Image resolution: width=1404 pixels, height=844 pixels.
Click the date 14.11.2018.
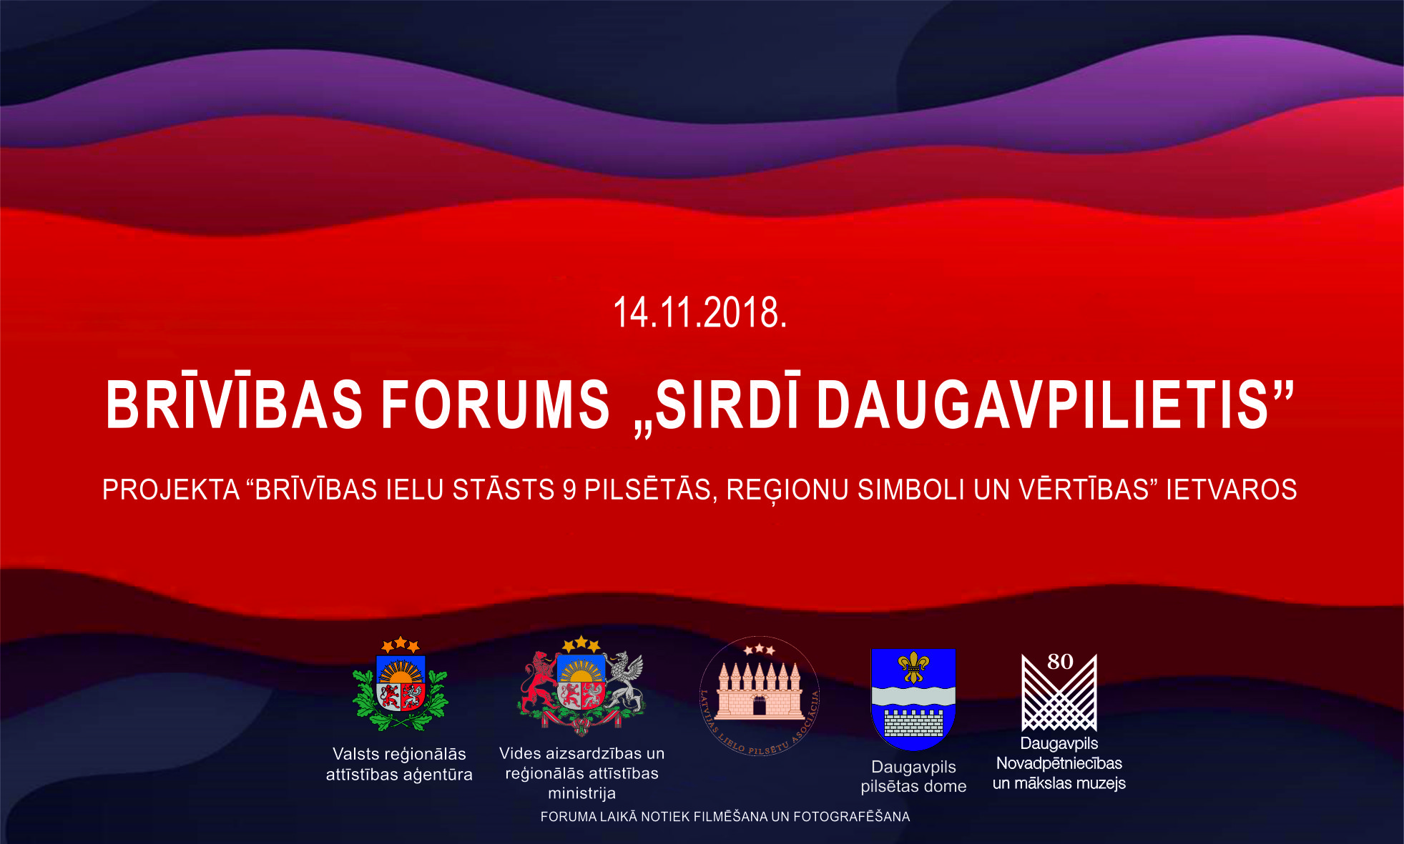pyautogui.click(x=699, y=312)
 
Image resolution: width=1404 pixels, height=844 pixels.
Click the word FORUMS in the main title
pyautogui.click(x=495, y=404)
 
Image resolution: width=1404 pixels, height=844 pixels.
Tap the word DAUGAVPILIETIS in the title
pyautogui.click(x=1043, y=404)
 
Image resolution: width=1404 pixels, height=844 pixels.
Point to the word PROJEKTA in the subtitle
pyautogui.click(x=171, y=490)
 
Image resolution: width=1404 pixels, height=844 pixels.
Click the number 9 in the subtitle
pyautogui.click(x=569, y=490)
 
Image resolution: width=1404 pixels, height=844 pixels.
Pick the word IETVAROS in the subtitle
pyautogui.click(x=1232, y=490)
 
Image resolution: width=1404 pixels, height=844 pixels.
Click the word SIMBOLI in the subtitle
pyautogui.click(x=911, y=490)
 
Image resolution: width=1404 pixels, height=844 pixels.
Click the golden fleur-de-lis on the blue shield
pyautogui.click(x=913, y=667)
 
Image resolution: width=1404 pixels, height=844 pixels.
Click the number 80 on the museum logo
pyautogui.click(x=1060, y=662)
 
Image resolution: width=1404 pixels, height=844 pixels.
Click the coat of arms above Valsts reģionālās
pyautogui.click(x=400, y=684)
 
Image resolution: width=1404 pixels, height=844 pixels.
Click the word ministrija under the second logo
pyautogui.click(x=581, y=794)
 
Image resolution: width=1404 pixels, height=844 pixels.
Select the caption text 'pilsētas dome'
pyautogui.click(x=913, y=787)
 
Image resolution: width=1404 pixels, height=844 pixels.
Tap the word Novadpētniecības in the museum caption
pyautogui.click(x=1059, y=763)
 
